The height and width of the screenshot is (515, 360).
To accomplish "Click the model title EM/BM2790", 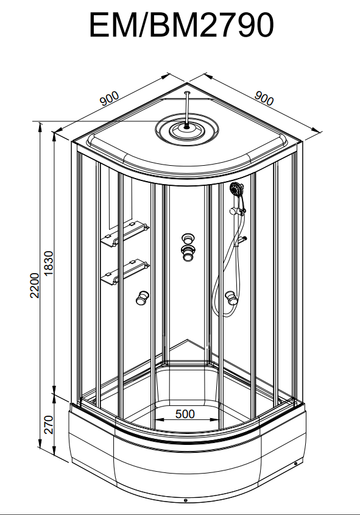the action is pyautogui.click(x=181, y=25).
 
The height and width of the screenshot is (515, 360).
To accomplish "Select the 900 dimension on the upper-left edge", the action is pyautogui.click(x=110, y=98).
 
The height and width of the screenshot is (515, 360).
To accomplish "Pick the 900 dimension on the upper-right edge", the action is pyautogui.click(x=264, y=98).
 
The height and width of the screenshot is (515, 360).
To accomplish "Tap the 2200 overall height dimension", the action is pyautogui.click(x=35, y=285).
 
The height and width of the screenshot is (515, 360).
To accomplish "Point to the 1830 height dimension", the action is pyautogui.click(x=48, y=263).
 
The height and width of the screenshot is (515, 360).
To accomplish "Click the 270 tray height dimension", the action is pyautogui.click(x=48, y=424).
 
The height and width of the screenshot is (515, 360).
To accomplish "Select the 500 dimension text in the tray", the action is pyautogui.click(x=185, y=414).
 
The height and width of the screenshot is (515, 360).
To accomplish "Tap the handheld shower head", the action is pyautogui.click(x=236, y=189).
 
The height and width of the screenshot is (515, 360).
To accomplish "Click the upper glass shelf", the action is pyautogui.click(x=125, y=234).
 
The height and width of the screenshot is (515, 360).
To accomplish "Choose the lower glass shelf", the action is pyautogui.click(x=125, y=272).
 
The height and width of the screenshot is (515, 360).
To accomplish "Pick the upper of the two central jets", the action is pyautogui.click(x=188, y=239).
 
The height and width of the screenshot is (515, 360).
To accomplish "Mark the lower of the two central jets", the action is pyautogui.click(x=188, y=253).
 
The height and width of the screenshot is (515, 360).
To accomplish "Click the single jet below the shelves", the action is pyautogui.click(x=142, y=298).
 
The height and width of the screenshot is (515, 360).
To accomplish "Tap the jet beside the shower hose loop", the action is pyautogui.click(x=231, y=298).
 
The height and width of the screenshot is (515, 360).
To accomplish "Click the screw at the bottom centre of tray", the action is pyautogui.click(x=185, y=500).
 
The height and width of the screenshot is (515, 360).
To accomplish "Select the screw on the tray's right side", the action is pyautogui.click(x=295, y=463).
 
